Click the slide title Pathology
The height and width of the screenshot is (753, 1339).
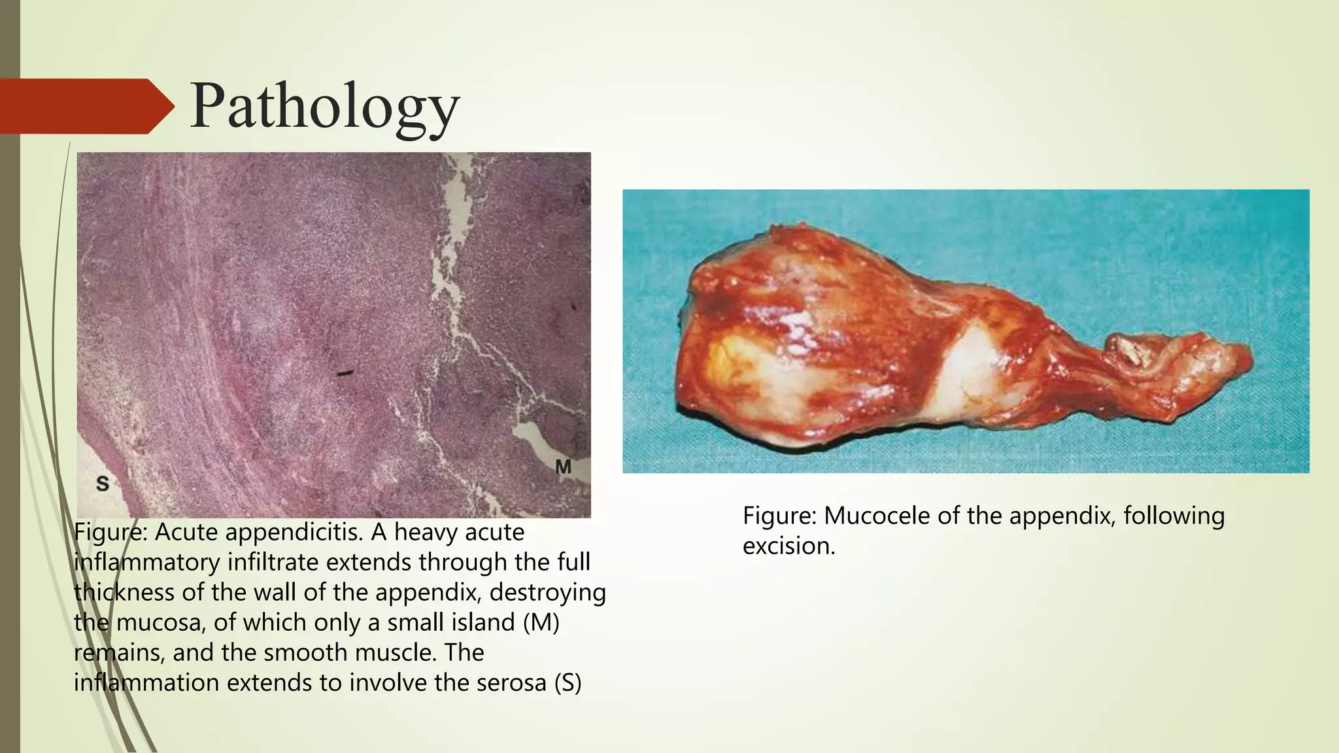[325, 107]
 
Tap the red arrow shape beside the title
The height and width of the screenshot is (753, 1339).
[85, 107]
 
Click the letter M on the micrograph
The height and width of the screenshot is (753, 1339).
[563, 467]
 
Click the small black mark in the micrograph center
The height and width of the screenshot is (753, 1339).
[345, 374]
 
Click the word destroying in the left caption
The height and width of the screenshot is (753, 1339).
[547, 592]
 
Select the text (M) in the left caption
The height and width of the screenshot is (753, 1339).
[541, 622]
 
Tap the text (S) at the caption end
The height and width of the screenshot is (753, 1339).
[568, 682]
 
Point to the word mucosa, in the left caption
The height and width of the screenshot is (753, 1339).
[161, 622]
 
